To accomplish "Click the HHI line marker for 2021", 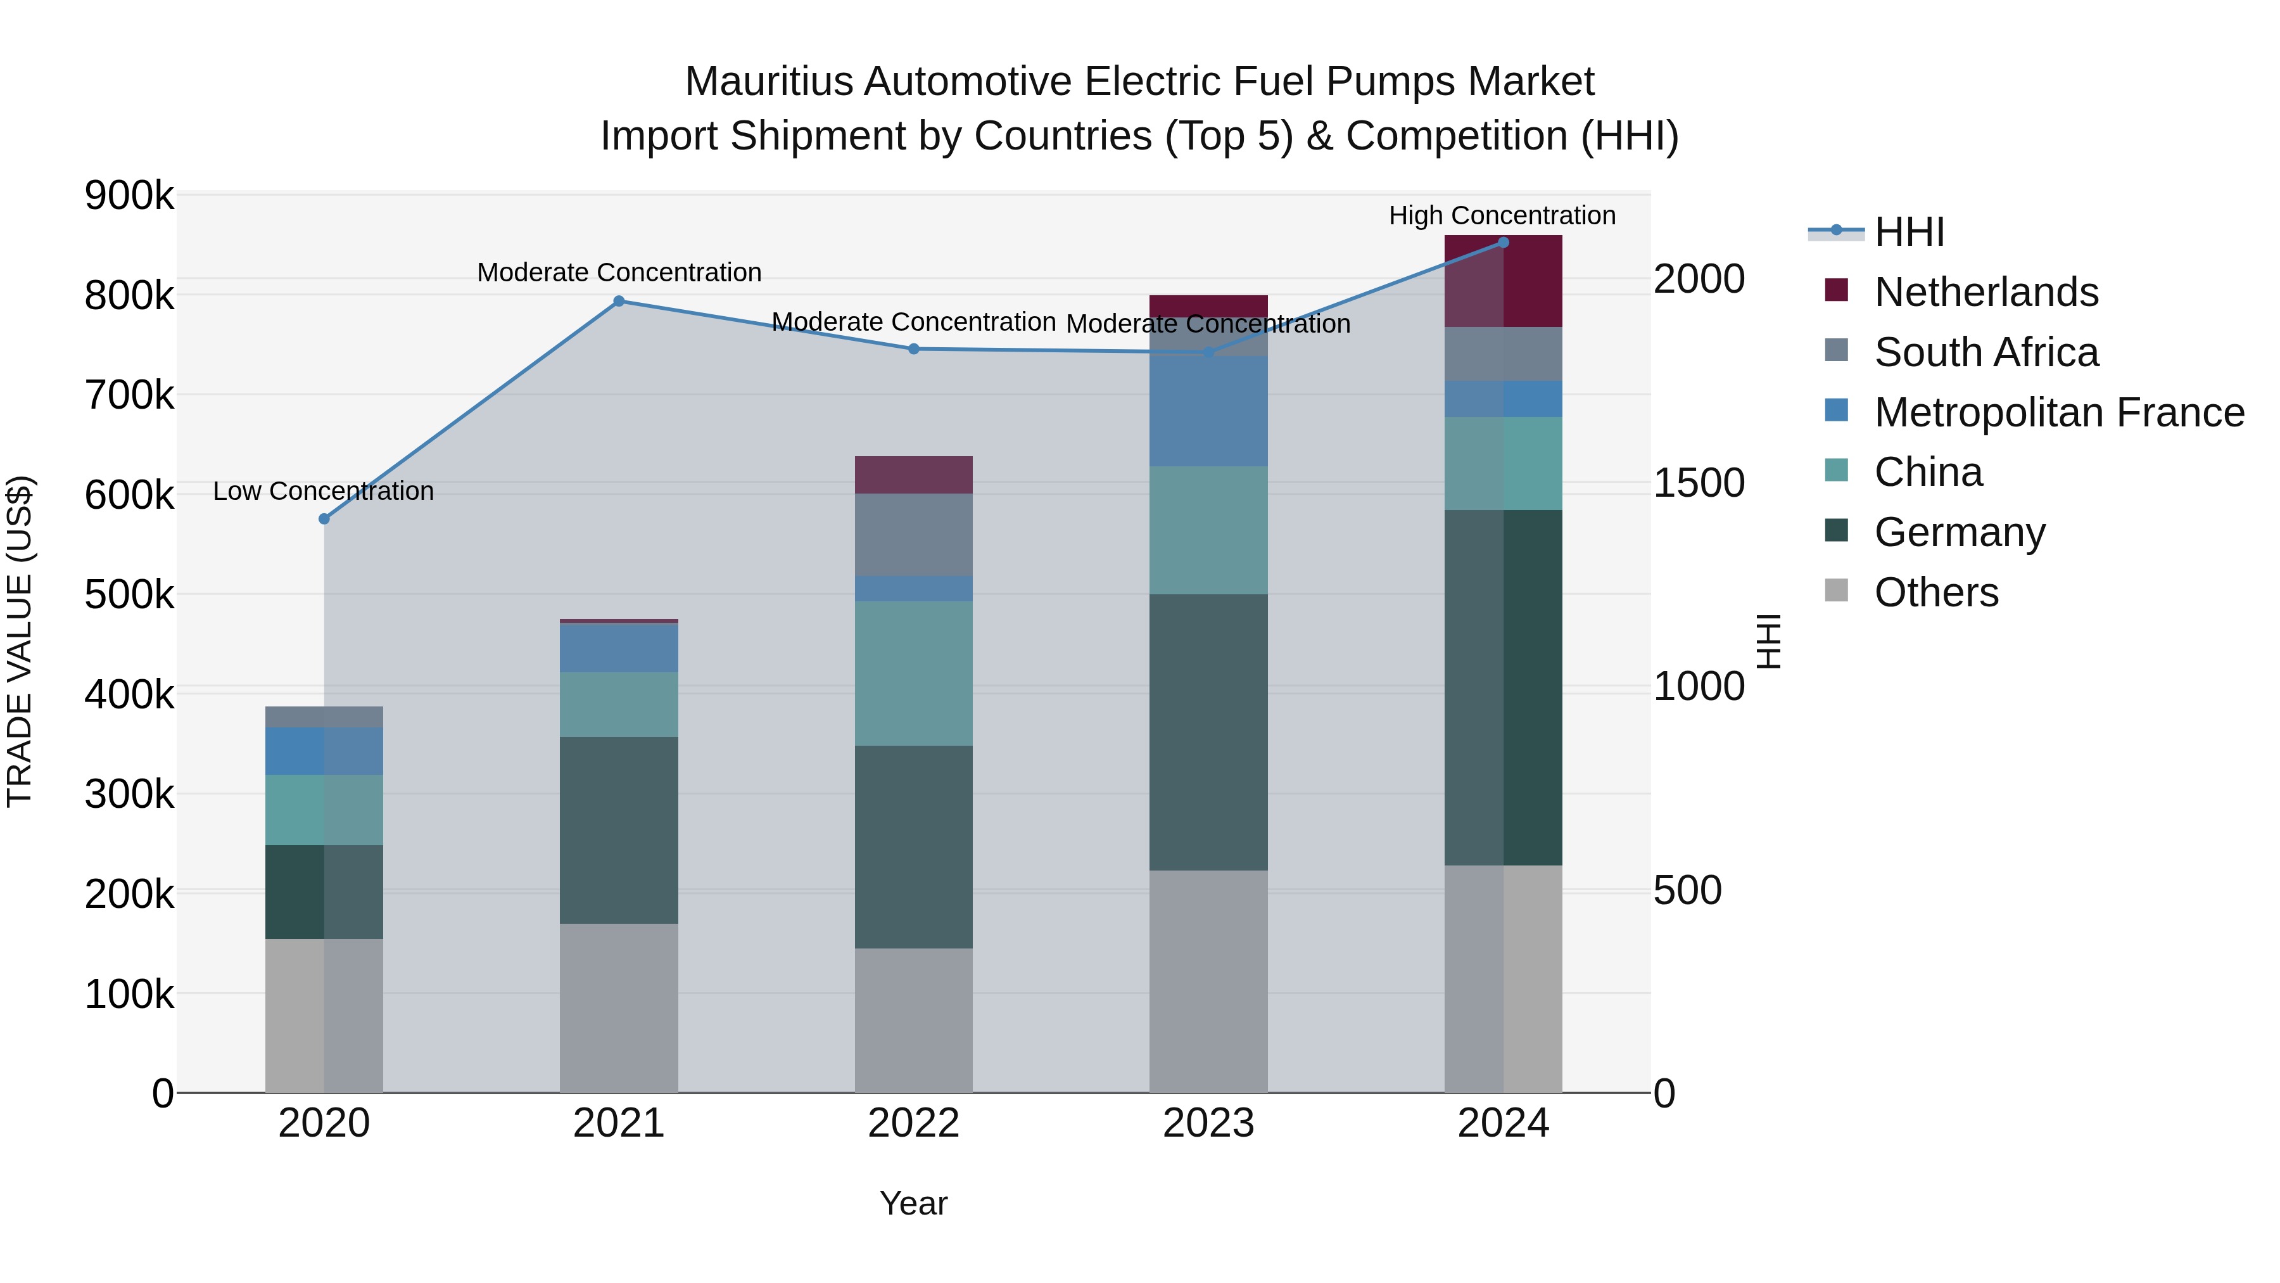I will coord(619,301).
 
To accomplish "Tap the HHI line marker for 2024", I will coord(1503,243).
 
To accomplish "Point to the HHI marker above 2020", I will coord(324,519).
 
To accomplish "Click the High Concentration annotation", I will coord(1502,215).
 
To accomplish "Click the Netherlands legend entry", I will coord(1985,292).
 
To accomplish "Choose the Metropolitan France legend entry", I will coord(2059,412).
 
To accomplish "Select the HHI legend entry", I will coord(1908,232).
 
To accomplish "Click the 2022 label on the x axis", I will coord(913,1123).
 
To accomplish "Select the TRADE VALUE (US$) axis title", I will coord(20,641).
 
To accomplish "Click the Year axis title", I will coord(913,1203).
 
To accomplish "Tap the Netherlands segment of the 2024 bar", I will coord(1503,281).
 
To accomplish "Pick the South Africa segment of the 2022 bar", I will coord(913,535).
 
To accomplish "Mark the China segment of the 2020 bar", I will coord(324,810).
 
